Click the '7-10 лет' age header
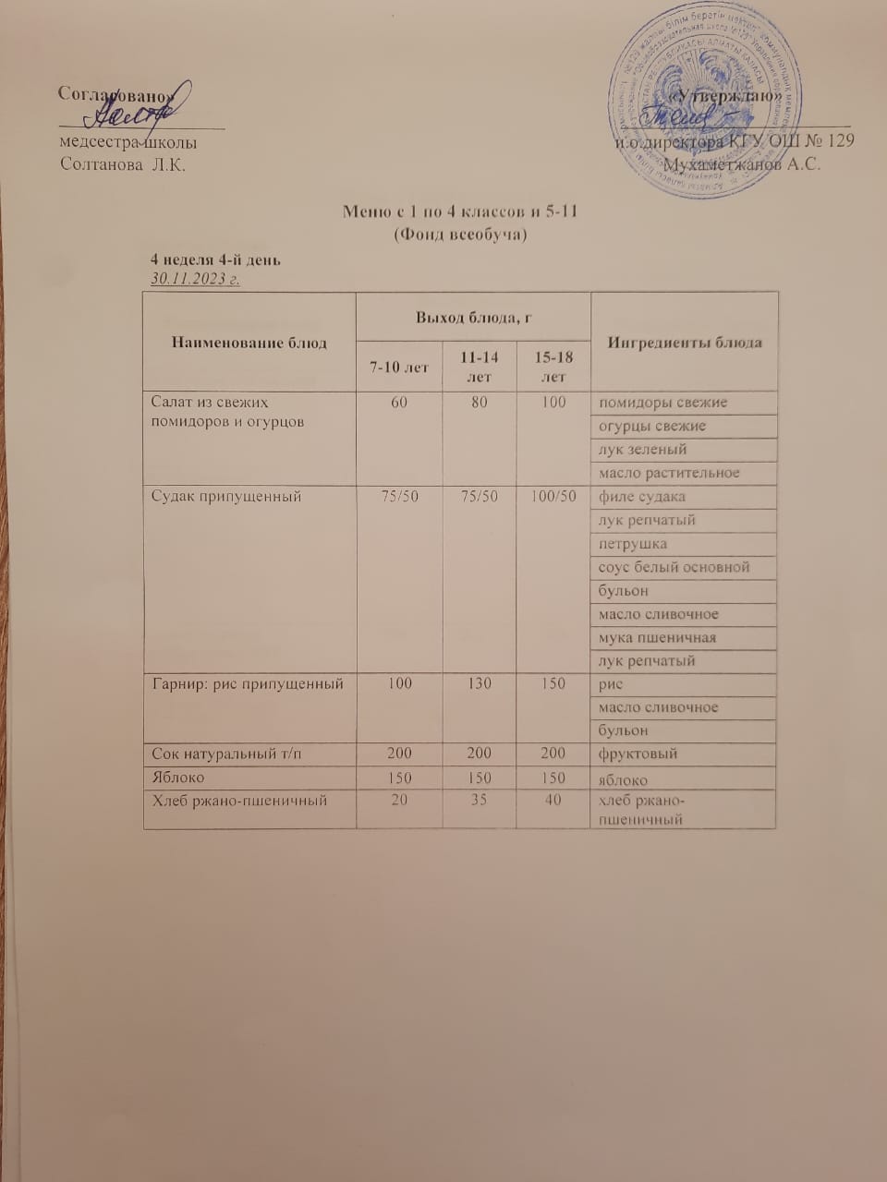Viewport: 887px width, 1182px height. tap(400, 367)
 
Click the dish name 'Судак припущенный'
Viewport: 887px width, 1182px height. tap(227, 497)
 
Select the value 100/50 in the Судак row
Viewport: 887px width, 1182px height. tap(553, 497)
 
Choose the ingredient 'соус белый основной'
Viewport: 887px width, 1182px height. tap(674, 567)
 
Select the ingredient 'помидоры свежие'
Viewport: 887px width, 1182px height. tap(662, 403)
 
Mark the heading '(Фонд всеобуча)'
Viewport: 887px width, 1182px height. tap(460, 235)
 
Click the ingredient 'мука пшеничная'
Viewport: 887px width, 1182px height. tap(657, 637)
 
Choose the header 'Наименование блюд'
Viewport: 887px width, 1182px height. tap(249, 343)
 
